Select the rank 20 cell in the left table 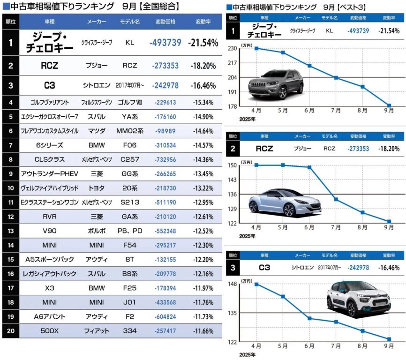10,331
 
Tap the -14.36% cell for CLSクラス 205,159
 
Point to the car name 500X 50,331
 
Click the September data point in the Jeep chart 389,105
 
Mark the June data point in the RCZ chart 309,167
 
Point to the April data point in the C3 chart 256,284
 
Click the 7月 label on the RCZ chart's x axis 336,227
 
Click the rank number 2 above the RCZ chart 232,149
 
